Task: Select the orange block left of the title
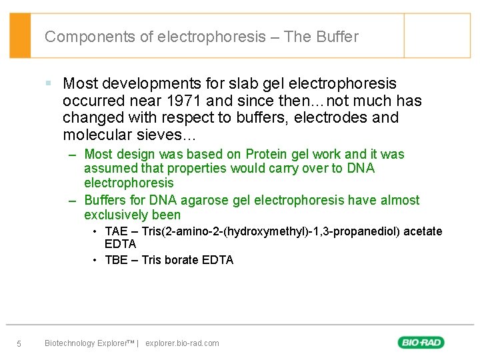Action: click(x=20, y=35)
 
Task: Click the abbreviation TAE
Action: click(x=116, y=231)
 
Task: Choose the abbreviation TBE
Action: click(x=116, y=260)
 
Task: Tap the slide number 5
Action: click(x=19, y=344)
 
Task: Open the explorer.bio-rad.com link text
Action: click(x=181, y=343)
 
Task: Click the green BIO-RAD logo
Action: click(x=421, y=343)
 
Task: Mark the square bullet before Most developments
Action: click(x=49, y=83)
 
